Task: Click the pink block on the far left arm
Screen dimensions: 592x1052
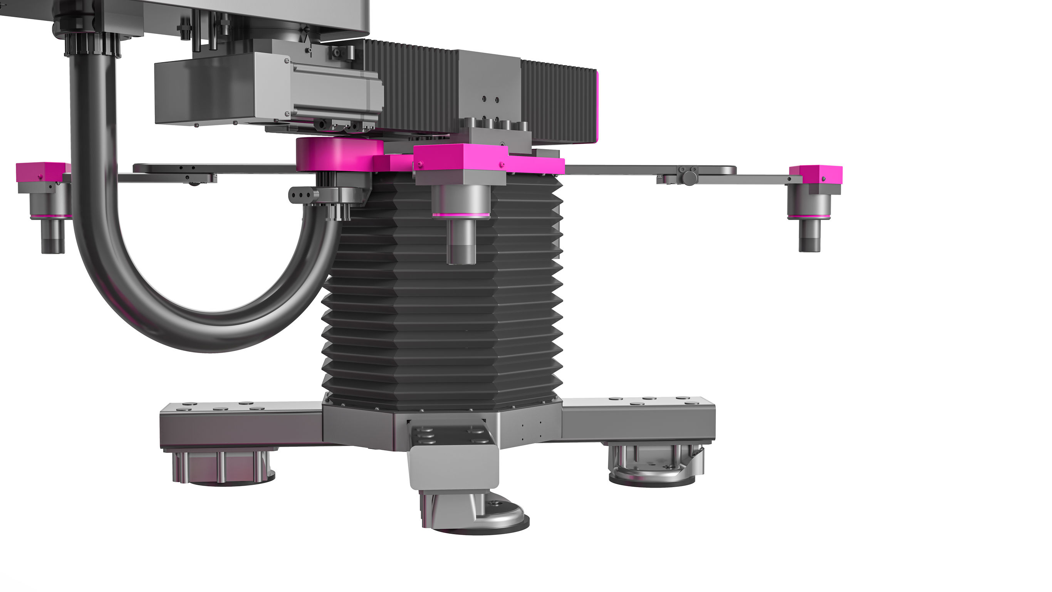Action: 41,172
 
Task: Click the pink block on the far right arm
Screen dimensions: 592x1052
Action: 815,174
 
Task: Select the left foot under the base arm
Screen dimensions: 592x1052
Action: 223,470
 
